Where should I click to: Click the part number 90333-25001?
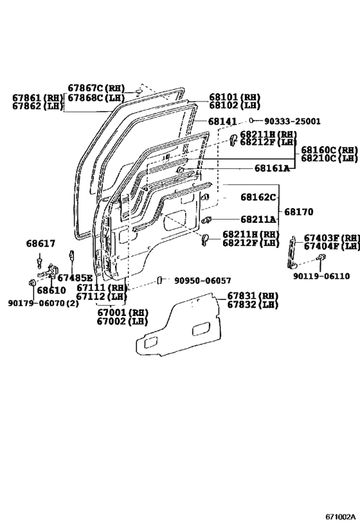tap(292, 121)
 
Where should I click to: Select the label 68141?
tap(222, 121)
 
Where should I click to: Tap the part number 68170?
tap(298, 212)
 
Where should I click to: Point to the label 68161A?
tap(272, 168)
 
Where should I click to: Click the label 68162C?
tap(258, 197)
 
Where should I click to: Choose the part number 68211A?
tap(258, 220)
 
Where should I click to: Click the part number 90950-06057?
tap(203, 281)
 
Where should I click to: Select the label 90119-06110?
tap(321, 276)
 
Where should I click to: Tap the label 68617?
tap(40, 243)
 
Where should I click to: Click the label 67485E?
tap(75, 277)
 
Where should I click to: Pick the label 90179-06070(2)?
tap(43, 303)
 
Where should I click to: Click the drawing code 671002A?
tap(340, 516)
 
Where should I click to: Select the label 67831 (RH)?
tap(253, 296)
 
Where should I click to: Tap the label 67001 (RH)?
tap(123, 312)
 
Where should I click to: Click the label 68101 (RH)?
tap(235, 97)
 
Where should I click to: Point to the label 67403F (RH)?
tap(332, 238)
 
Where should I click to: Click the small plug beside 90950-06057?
tap(160, 280)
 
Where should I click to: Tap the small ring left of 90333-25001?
tap(251, 121)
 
